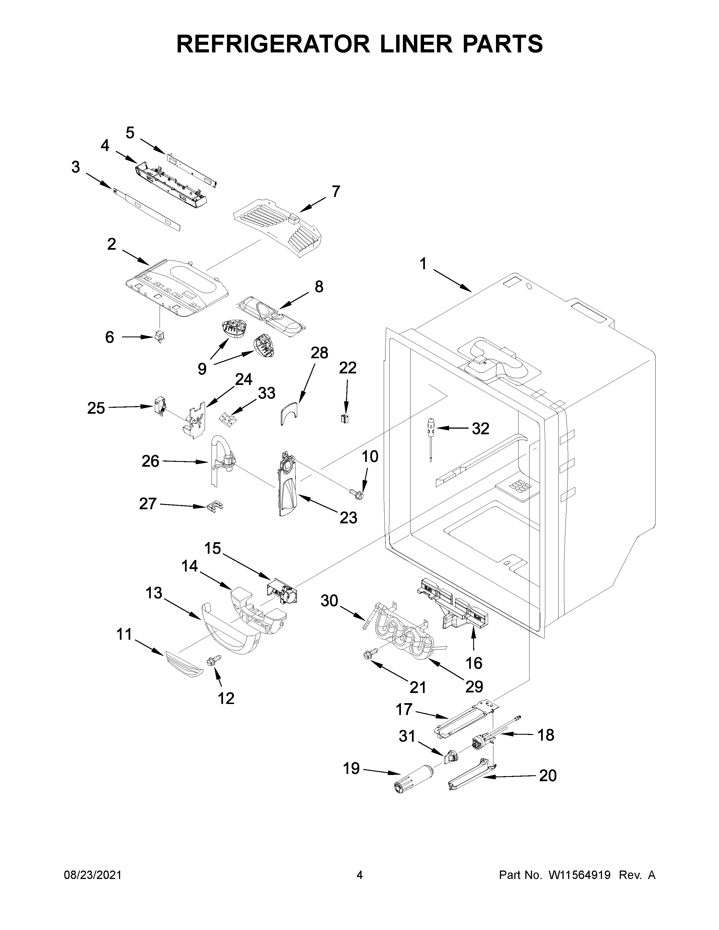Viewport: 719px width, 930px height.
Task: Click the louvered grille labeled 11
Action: pos(183,663)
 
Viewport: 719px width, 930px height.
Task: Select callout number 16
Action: pos(474,663)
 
